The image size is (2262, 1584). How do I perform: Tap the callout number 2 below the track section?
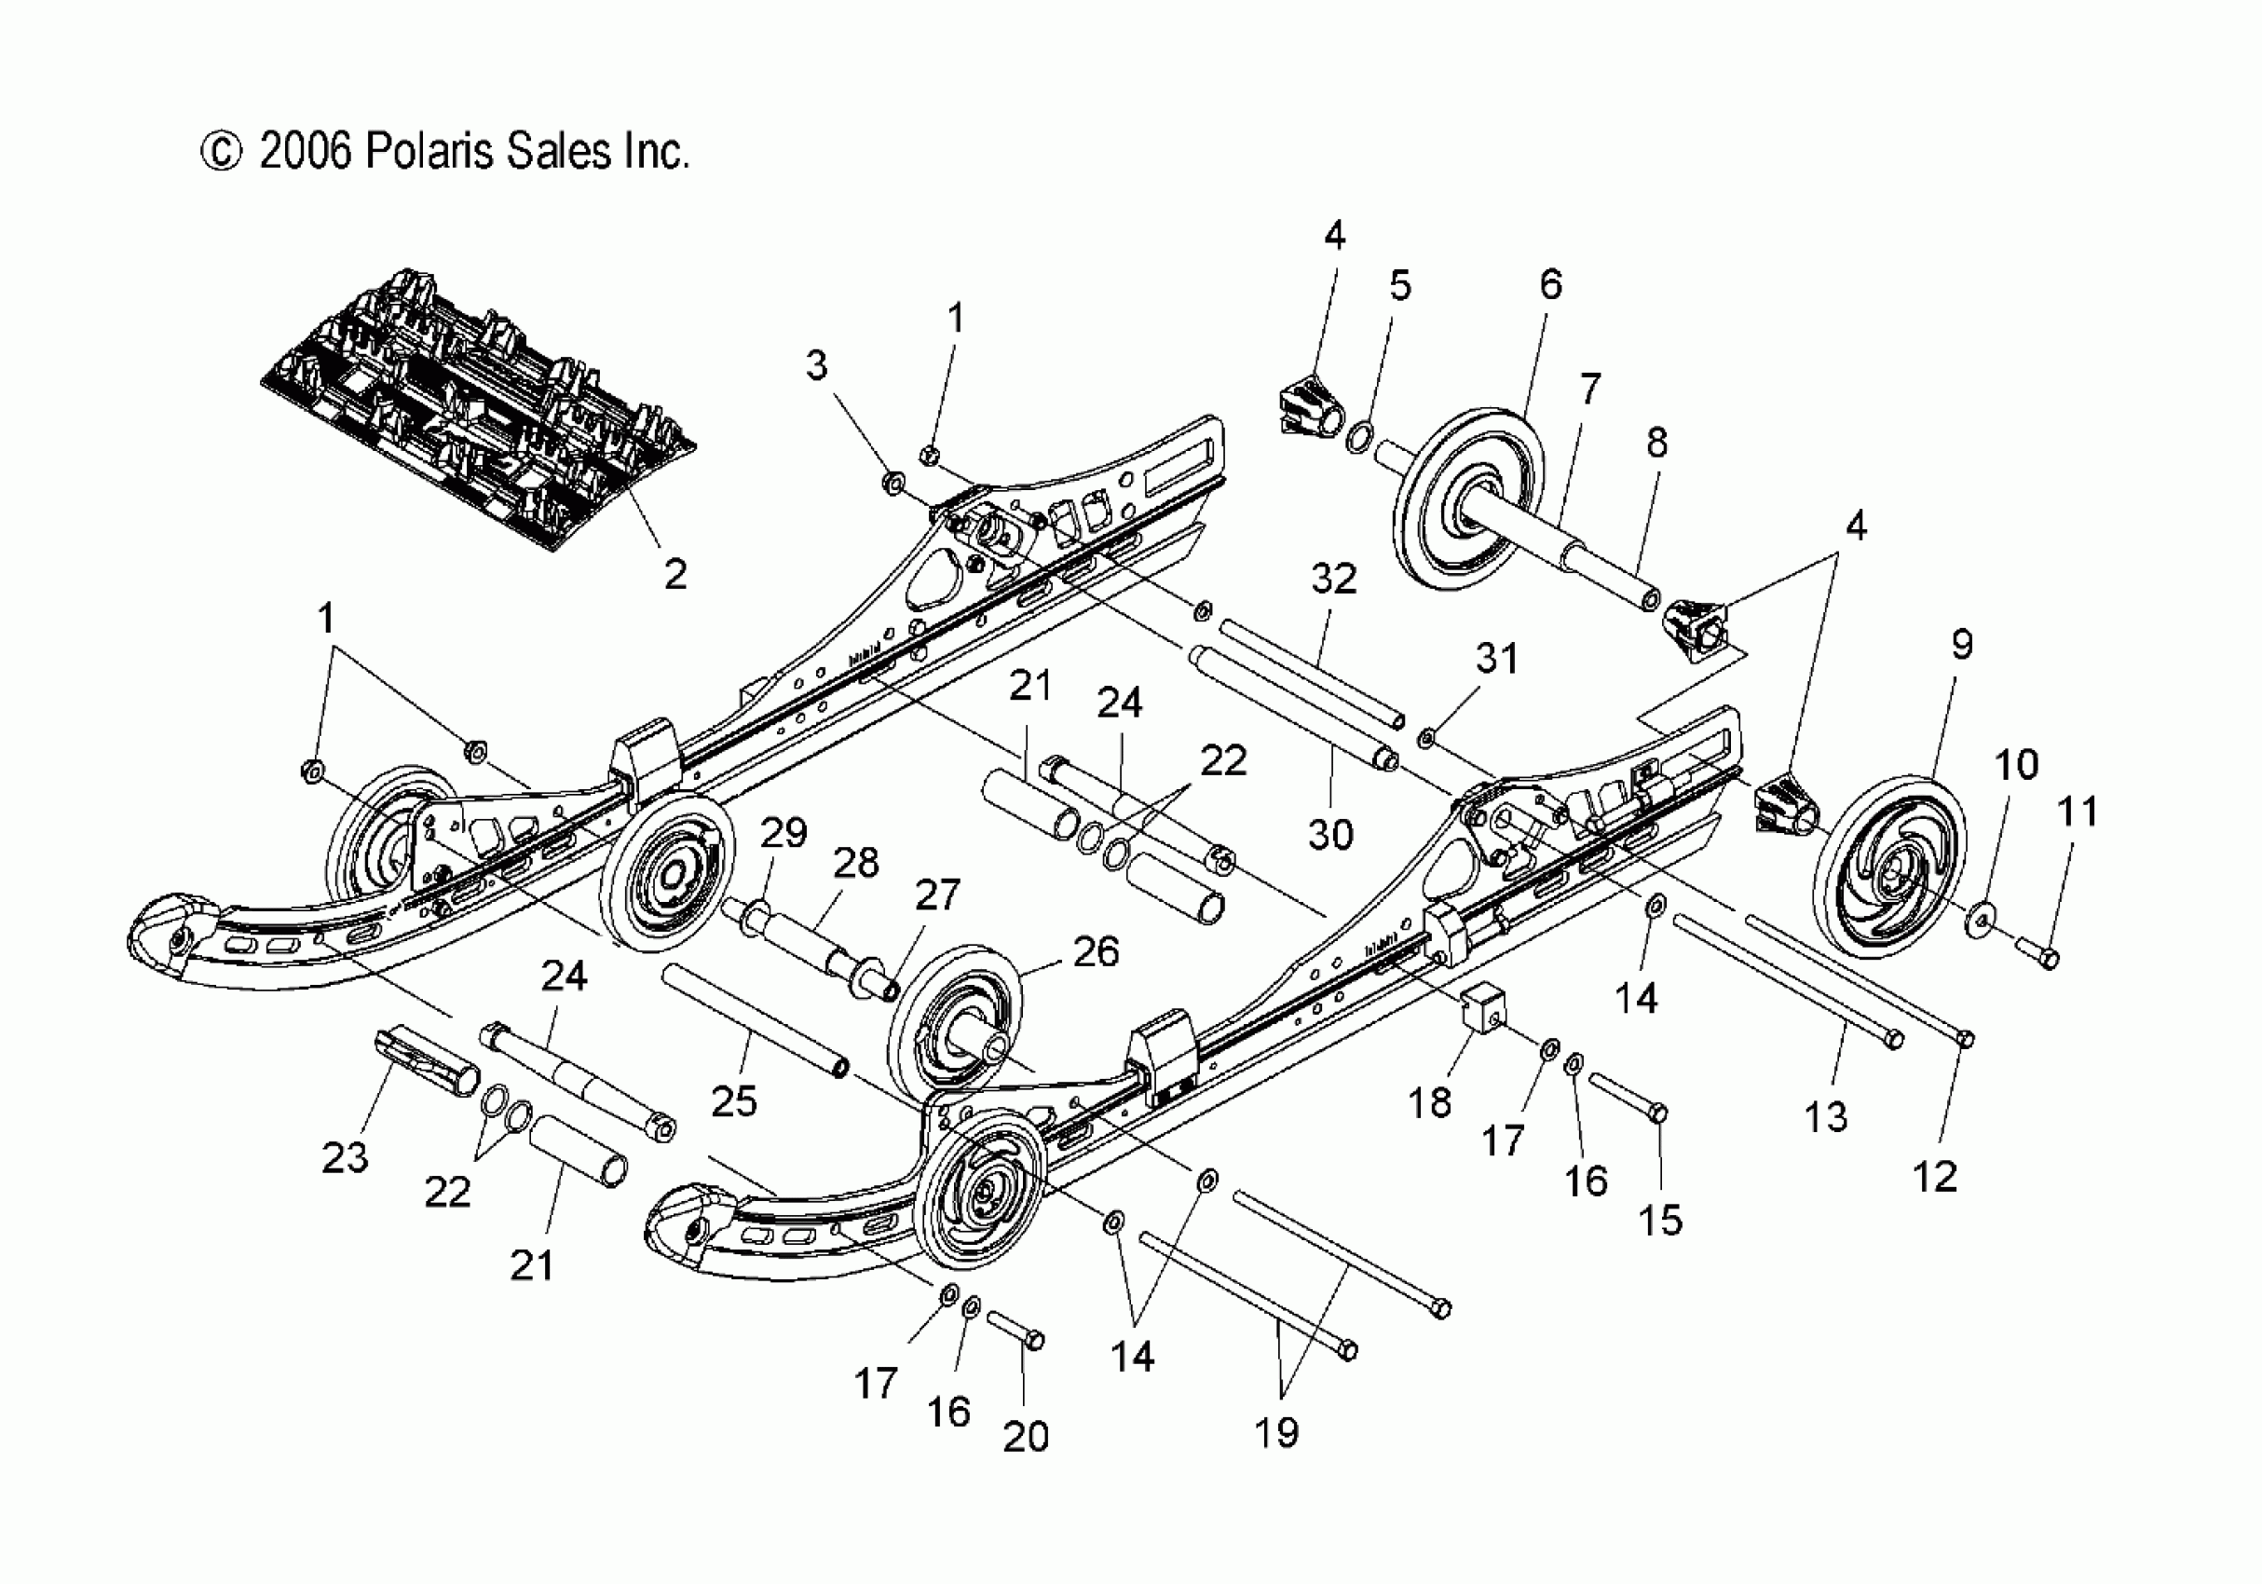[675, 574]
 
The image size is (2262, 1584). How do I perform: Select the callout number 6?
[1550, 285]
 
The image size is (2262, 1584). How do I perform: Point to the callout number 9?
[1961, 645]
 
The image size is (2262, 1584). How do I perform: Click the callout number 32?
[1333, 580]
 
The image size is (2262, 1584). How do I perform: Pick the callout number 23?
[345, 1157]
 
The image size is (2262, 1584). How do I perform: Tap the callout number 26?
[1096, 951]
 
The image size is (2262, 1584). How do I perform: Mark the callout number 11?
[2078, 812]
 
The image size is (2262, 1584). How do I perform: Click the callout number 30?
[1330, 834]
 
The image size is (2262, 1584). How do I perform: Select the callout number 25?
[734, 1101]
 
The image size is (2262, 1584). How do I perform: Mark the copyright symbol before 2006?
[221, 153]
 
